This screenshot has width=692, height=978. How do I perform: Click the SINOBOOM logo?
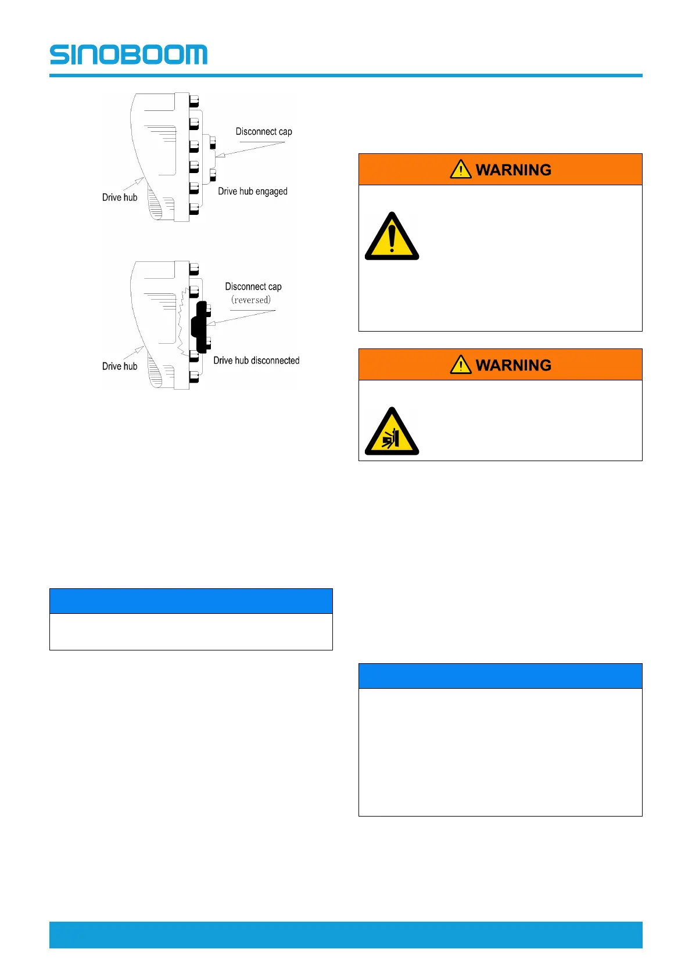(x=128, y=55)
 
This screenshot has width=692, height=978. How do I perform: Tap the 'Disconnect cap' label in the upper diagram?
(x=264, y=132)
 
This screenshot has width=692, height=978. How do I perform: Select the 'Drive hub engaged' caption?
(x=253, y=192)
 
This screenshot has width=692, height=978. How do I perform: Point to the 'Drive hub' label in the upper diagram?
(x=120, y=197)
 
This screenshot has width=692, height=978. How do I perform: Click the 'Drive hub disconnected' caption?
(x=256, y=361)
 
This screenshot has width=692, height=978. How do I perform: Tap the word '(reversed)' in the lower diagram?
(x=251, y=300)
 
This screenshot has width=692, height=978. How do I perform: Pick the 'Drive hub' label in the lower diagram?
(x=120, y=366)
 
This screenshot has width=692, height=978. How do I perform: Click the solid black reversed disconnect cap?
(x=200, y=326)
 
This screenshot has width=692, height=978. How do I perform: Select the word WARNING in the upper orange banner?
(x=514, y=170)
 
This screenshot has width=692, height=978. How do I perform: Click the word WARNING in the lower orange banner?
(x=514, y=365)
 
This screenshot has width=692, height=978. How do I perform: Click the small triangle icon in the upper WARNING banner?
(x=461, y=169)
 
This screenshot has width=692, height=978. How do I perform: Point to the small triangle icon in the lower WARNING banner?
(x=461, y=364)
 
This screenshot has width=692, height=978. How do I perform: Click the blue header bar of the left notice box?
(x=191, y=601)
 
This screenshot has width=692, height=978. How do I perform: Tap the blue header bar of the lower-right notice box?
(x=500, y=676)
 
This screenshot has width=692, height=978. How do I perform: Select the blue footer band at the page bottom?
(x=346, y=934)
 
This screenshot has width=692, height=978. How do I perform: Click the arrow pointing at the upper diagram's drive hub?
(x=134, y=184)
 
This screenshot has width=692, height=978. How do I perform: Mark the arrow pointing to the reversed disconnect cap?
(x=241, y=317)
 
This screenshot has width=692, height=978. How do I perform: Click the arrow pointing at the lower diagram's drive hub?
(x=134, y=353)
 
